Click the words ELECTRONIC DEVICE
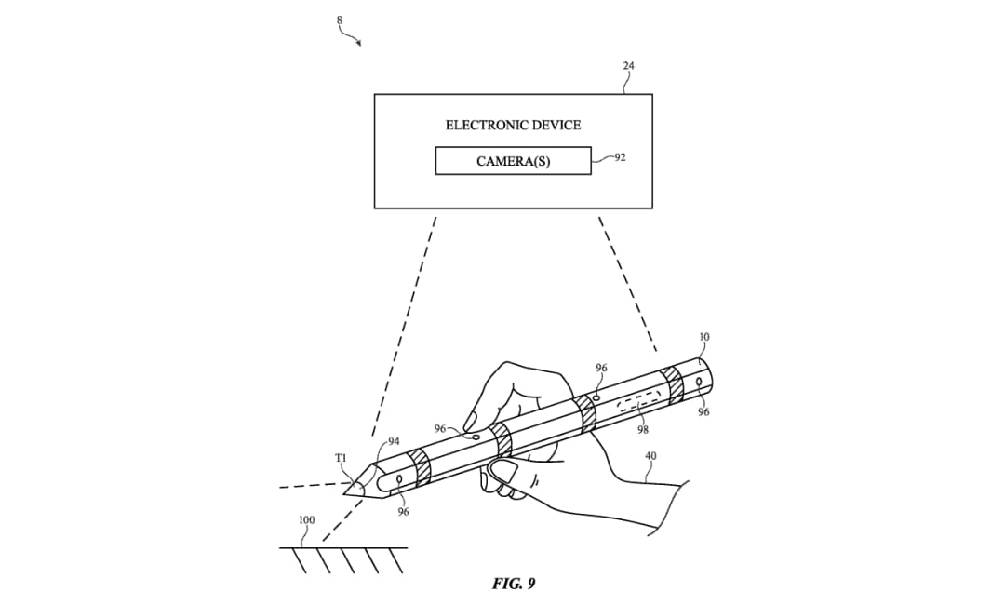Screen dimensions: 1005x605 [x=513, y=125]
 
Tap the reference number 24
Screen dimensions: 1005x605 [x=628, y=65]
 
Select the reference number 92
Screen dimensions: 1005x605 [x=620, y=157]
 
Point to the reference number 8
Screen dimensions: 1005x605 [x=340, y=20]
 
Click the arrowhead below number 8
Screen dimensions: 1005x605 [x=358, y=43]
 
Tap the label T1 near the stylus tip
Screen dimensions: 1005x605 [x=341, y=458]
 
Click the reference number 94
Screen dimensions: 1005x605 [x=394, y=441]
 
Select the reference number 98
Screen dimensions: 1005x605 [x=643, y=430]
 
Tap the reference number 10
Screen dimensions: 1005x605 [x=703, y=337]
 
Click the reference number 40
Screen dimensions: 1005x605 [x=650, y=456]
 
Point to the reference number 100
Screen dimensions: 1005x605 [x=306, y=519]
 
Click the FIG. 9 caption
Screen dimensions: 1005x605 [x=514, y=584]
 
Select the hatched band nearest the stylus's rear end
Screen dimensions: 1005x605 [x=675, y=384]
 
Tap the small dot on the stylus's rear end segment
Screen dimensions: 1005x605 [x=699, y=383]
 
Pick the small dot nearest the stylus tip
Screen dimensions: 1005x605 [x=399, y=480]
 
